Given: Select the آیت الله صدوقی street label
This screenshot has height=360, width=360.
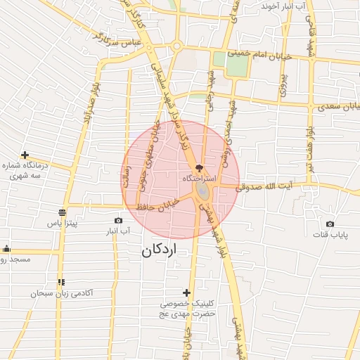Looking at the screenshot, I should tap(262, 188).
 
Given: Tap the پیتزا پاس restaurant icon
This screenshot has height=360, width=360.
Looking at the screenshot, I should tap(63, 212).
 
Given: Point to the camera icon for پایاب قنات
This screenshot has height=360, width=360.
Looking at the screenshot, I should tap(330, 224).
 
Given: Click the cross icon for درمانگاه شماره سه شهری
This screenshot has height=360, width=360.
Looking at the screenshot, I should tap(25, 155).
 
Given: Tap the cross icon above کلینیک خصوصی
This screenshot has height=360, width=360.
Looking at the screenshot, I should tap(186, 292).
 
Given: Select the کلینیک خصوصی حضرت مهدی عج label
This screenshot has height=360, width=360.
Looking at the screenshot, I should tap(186, 309).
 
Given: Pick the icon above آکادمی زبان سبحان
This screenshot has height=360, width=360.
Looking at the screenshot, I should tap(62, 282).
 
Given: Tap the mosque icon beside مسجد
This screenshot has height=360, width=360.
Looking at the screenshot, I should tap(6, 248).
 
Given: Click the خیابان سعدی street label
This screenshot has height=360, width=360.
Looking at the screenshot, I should tap(334, 107).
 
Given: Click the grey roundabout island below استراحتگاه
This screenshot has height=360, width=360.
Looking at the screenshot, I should tap(202, 191).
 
